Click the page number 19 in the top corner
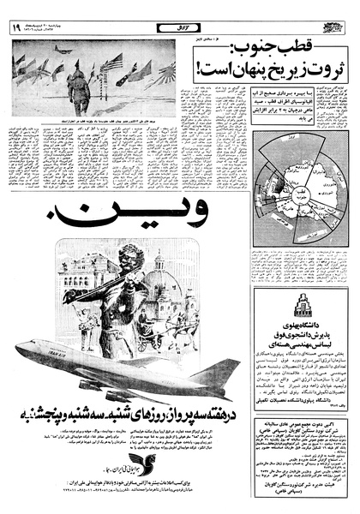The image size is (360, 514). point(16,27)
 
